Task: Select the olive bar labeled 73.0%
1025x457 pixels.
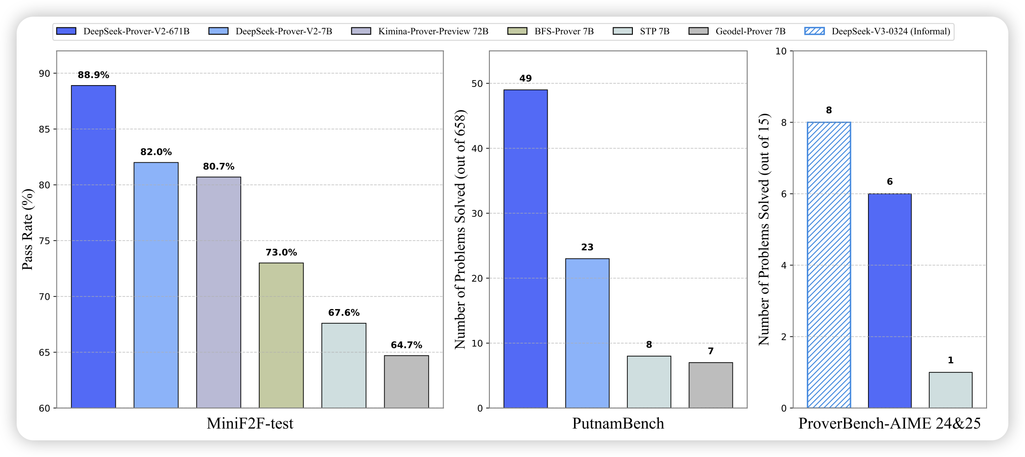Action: point(281,335)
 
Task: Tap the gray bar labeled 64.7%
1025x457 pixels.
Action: point(406,382)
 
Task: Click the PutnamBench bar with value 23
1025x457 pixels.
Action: point(587,333)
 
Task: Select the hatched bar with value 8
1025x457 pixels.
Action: point(829,265)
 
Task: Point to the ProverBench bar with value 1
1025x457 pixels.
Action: point(950,390)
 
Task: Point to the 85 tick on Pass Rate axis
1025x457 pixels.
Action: point(44,129)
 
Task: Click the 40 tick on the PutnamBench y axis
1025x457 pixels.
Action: point(477,148)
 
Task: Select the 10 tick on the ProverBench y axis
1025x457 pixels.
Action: point(781,51)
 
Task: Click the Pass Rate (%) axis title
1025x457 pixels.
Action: point(28,229)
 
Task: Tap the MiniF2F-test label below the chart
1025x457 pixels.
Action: point(250,424)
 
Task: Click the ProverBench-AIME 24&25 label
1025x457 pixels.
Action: point(889,424)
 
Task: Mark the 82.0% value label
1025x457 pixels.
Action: point(156,152)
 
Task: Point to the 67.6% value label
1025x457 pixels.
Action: point(344,313)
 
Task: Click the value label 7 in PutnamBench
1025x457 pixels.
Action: point(711,352)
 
